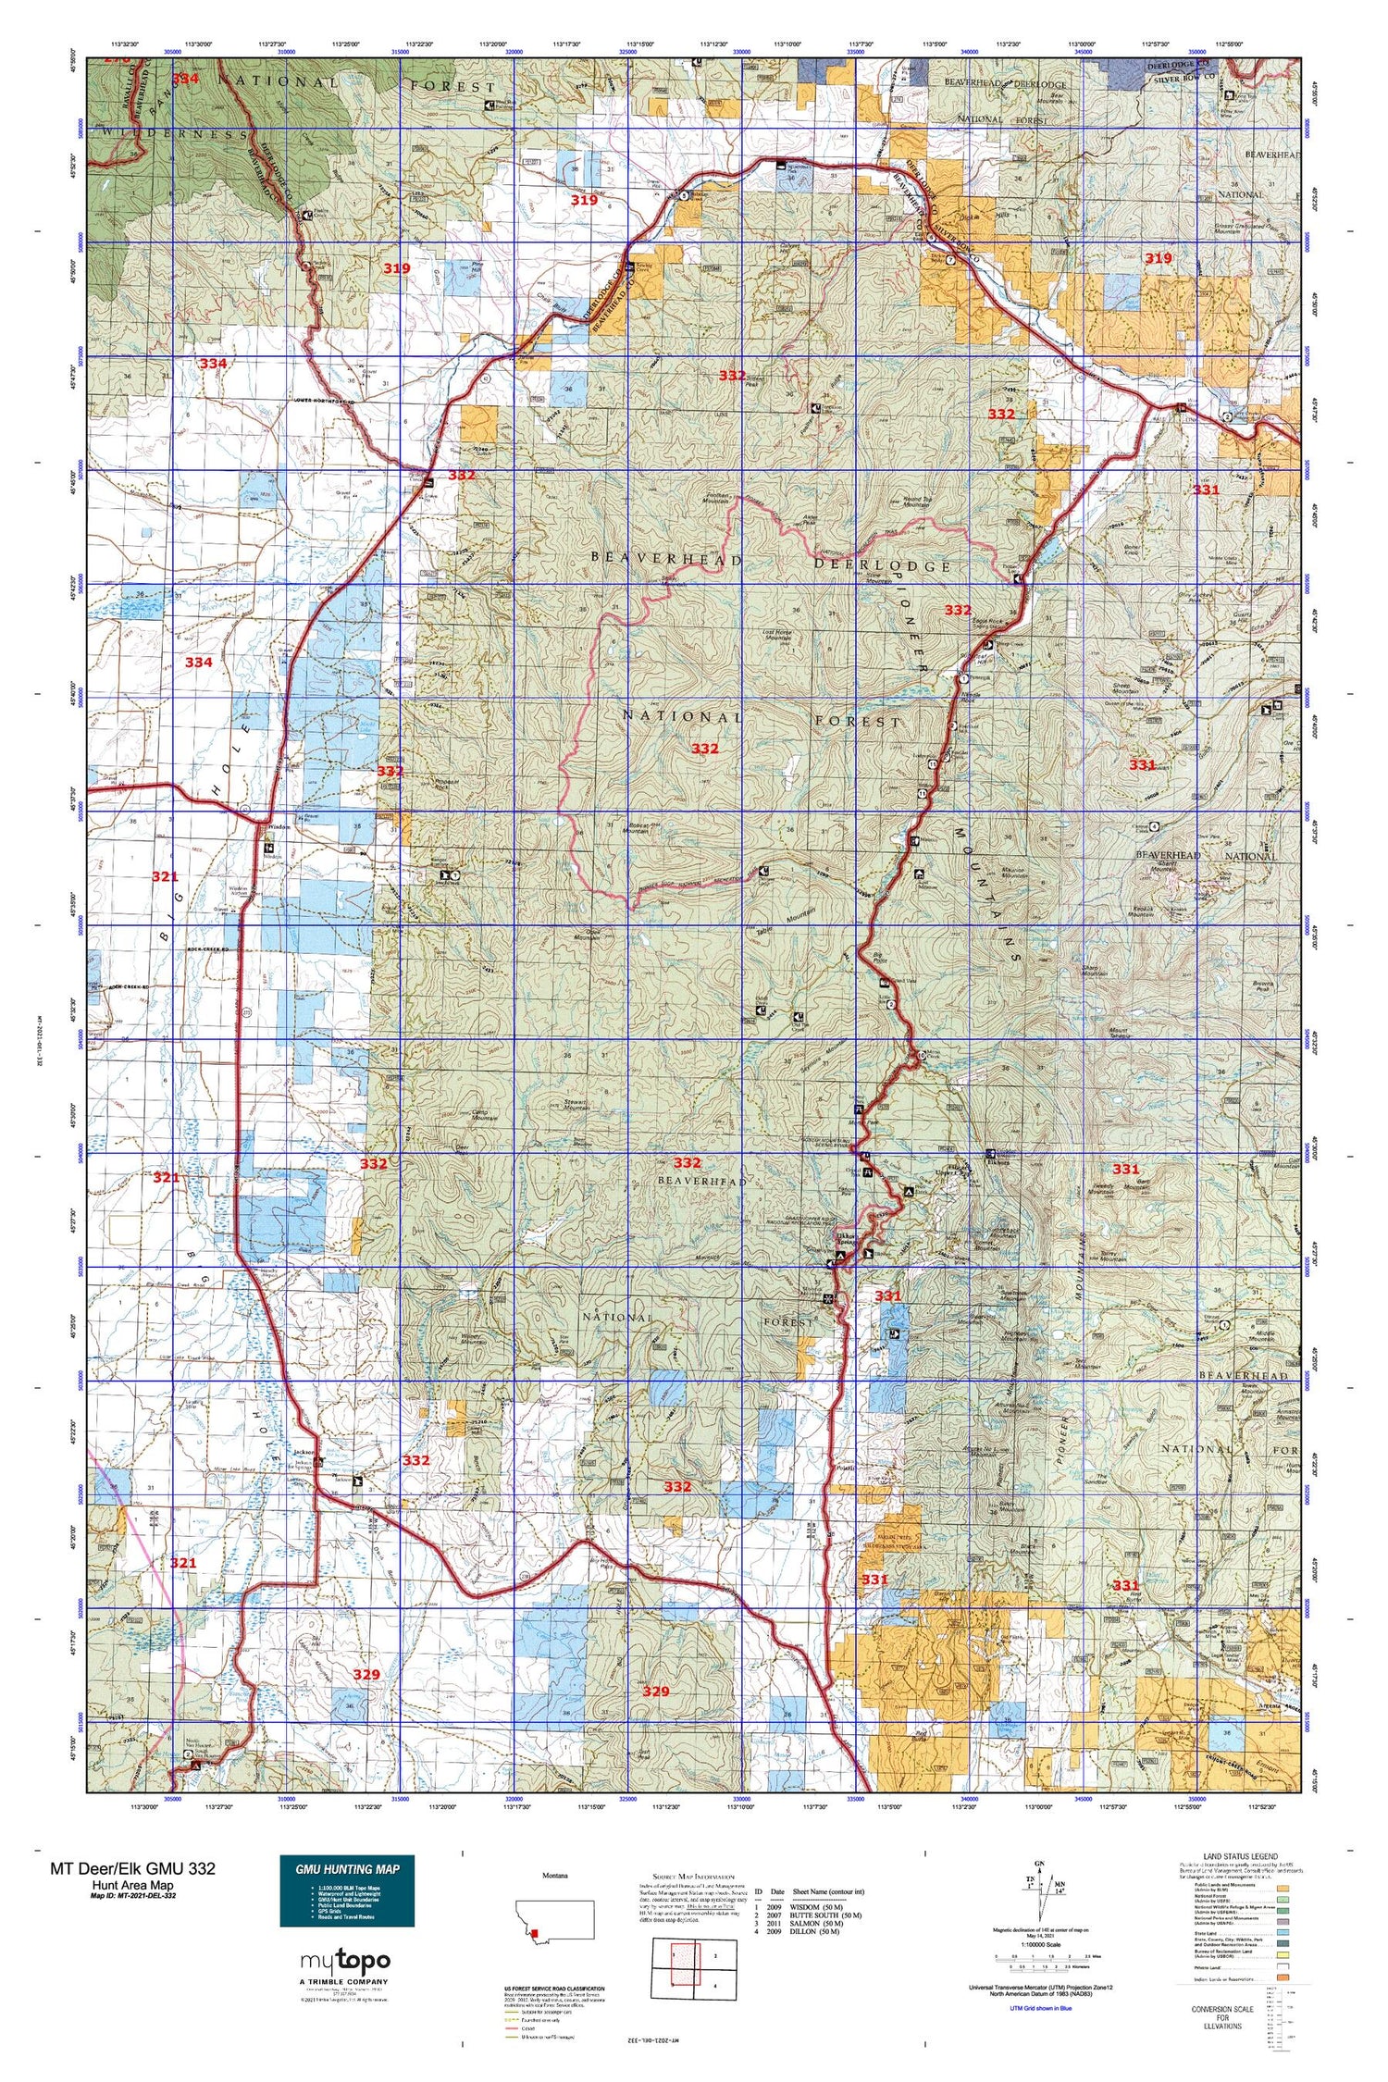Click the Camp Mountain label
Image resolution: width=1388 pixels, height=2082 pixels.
[483, 1115]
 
